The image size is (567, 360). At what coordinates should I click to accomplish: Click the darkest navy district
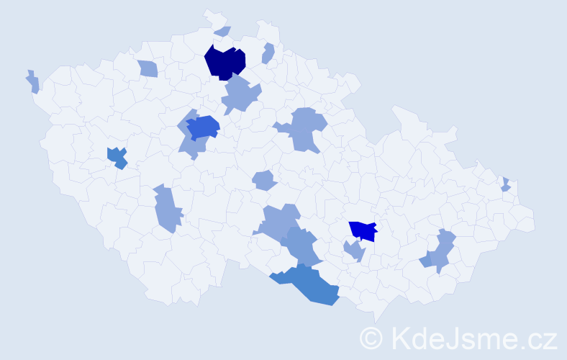click(225, 62)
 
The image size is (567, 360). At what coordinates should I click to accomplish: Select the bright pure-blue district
click(363, 230)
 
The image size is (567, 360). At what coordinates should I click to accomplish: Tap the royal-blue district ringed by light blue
click(204, 127)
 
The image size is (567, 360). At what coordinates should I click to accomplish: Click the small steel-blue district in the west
click(117, 157)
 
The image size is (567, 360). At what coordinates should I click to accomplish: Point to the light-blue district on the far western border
click(33, 82)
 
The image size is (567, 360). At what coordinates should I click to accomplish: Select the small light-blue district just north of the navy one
click(223, 31)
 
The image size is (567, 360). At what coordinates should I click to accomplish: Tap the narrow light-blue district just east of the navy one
click(268, 53)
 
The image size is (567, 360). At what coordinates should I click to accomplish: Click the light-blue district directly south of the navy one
click(241, 96)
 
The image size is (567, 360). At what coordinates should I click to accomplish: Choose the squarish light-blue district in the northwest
click(148, 68)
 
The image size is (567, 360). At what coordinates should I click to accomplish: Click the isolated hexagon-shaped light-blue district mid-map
click(264, 180)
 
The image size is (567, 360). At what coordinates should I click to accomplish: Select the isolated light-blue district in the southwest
click(167, 209)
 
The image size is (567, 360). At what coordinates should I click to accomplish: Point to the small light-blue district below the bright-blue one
click(354, 251)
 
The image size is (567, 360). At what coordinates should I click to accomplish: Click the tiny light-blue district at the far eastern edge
click(506, 185)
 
